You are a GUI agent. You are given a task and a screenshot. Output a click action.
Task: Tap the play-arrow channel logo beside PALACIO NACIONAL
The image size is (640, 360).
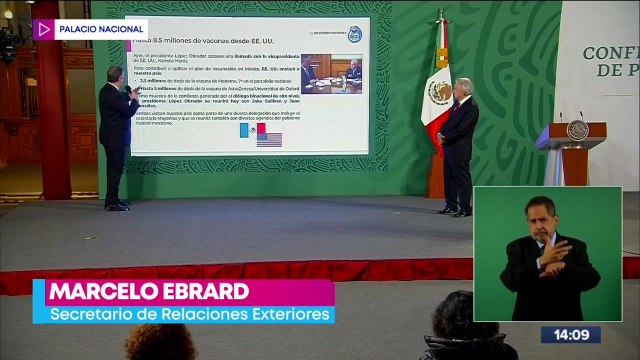coord(43,29)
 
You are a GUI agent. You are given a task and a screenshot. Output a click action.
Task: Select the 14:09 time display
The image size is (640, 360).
coord(571,335)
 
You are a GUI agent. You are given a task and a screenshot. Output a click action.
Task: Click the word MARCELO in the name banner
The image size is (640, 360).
coord(111,292)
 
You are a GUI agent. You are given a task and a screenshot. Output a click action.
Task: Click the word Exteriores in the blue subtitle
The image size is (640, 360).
coord(287,316)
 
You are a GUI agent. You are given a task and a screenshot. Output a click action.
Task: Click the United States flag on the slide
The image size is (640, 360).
coord(269,139)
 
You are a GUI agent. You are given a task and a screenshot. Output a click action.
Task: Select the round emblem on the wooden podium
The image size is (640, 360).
coord(577,131)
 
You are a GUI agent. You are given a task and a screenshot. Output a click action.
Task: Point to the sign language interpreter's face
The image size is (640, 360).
coord(539,216)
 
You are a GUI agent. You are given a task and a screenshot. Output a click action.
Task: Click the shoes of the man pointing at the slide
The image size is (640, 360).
coord(118,205)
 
